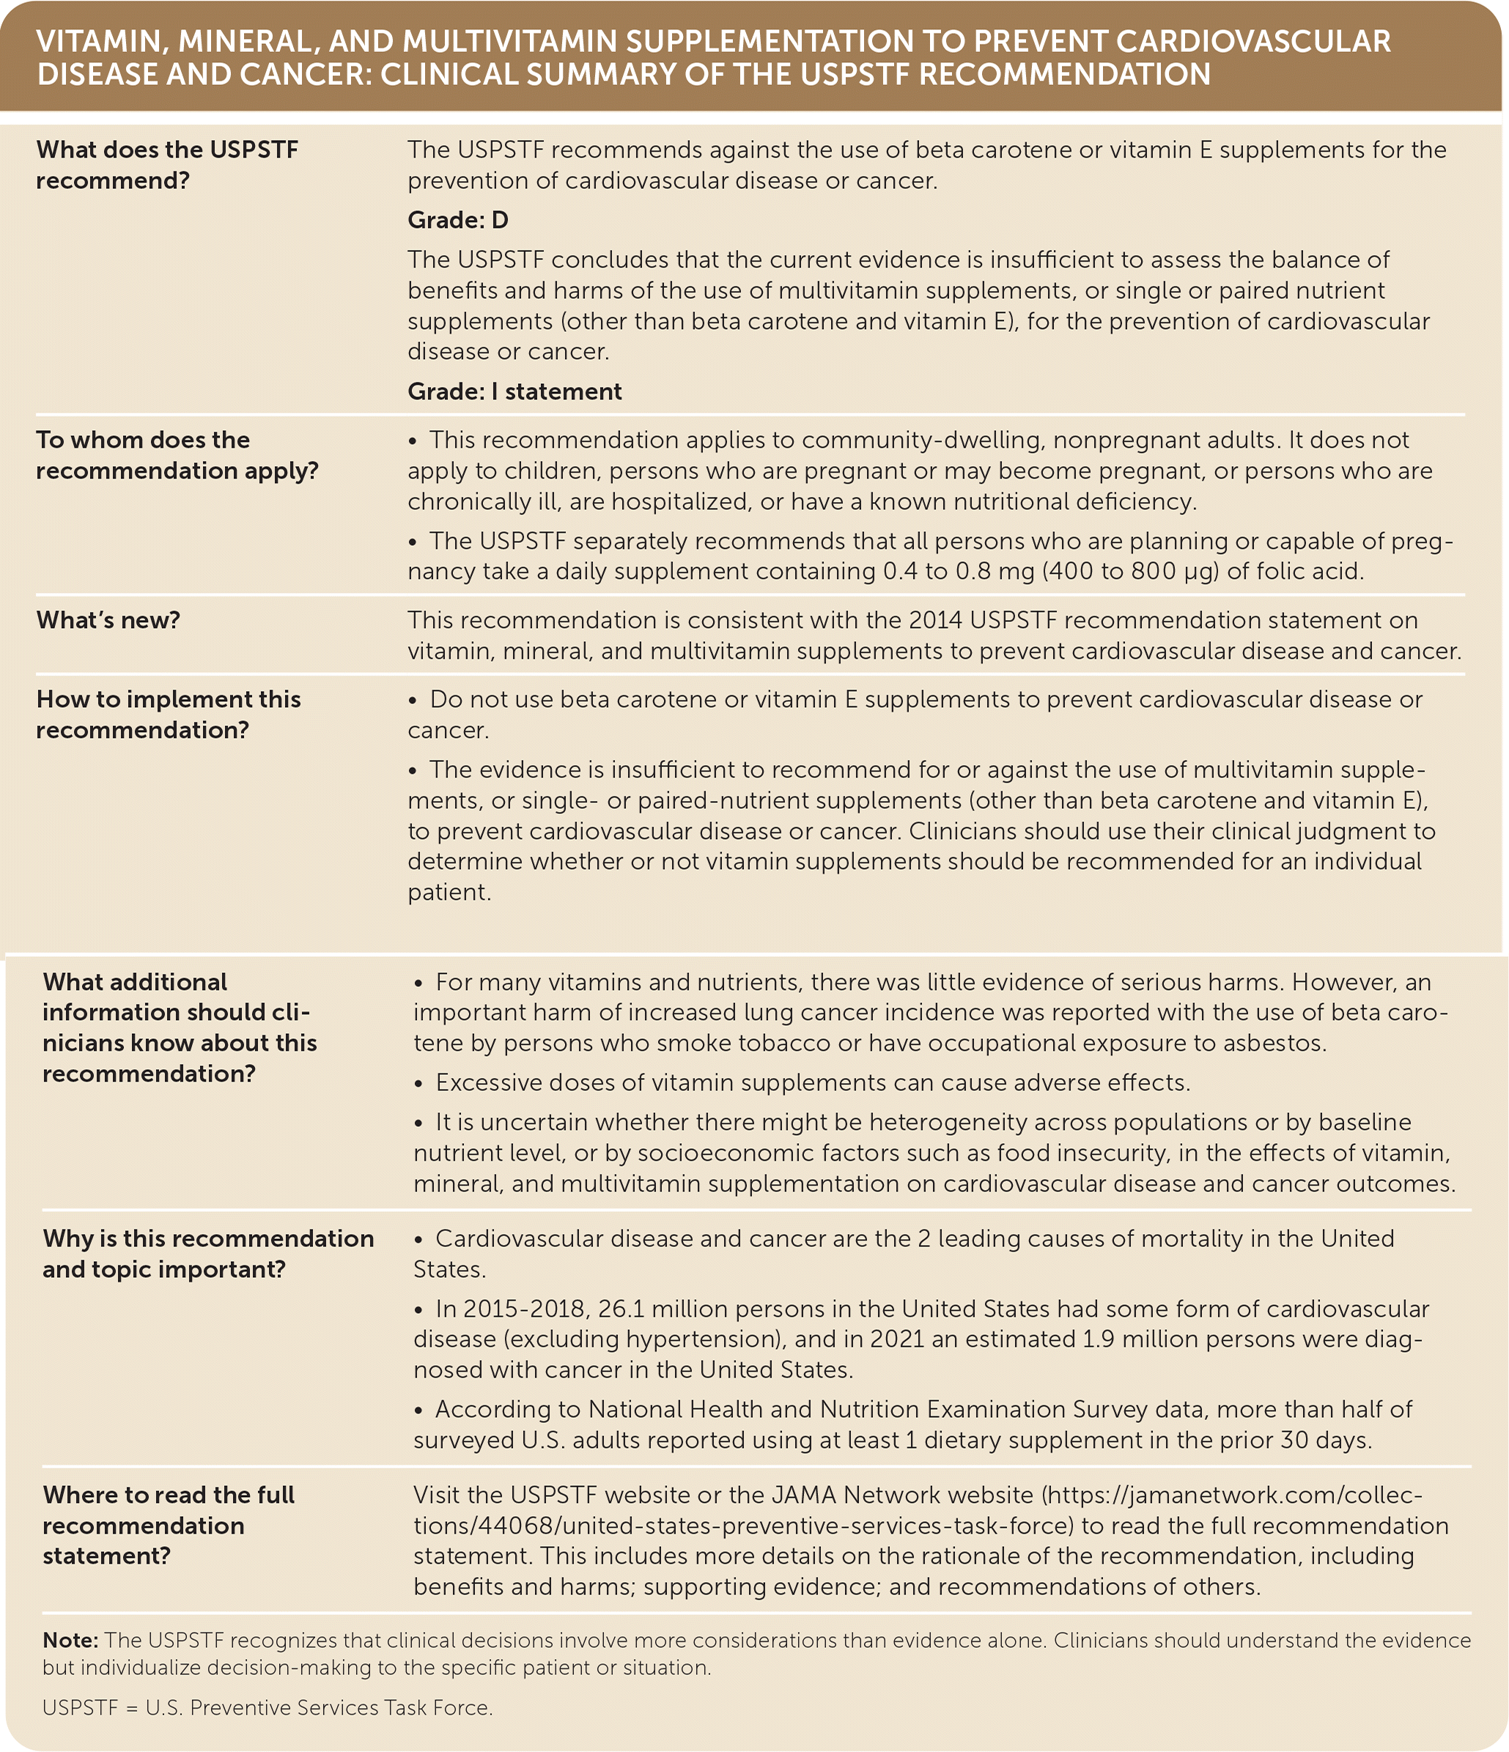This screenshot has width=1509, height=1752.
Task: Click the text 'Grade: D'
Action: click(x=457, y=220)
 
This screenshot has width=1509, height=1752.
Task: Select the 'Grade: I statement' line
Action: click(x=514, y=391)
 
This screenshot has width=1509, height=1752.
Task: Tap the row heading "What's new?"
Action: click(x=108, y=620)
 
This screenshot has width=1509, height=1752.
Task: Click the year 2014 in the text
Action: click(x=935, y=620)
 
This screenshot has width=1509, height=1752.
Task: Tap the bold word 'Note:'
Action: click(x=71, y=1641)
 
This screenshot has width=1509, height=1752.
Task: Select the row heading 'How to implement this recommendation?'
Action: click(x=168, y=714)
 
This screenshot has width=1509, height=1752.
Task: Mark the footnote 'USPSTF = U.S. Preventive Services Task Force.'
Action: click(x=268, y=1708)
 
